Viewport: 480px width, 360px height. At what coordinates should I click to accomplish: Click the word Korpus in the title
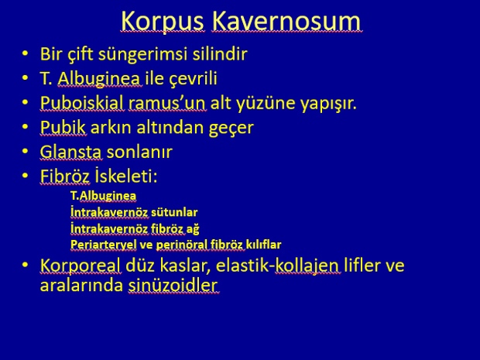163,21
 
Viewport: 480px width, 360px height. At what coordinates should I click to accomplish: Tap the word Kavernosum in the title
286,21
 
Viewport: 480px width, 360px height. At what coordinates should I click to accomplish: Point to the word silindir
220,53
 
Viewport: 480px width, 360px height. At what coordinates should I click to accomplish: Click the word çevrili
194,79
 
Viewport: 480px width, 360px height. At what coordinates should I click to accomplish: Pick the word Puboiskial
81,102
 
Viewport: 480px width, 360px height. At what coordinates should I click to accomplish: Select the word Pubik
63,127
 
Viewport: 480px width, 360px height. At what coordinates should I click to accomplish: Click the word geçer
231,129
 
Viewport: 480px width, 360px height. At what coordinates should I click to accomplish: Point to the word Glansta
70,152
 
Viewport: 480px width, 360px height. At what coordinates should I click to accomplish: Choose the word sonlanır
139,152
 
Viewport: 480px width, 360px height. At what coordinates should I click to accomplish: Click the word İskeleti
126,176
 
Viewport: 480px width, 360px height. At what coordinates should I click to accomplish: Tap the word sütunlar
174,212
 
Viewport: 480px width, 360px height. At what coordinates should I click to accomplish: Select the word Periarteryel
104,245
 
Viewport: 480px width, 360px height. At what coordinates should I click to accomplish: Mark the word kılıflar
263,245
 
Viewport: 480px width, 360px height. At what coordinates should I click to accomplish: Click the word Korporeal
81,266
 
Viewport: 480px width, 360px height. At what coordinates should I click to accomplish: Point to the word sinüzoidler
173,286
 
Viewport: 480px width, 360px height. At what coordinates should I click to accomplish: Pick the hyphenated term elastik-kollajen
277,266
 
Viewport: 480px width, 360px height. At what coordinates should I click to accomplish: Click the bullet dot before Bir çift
25,54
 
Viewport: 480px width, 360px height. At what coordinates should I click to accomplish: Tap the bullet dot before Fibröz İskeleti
25,176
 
